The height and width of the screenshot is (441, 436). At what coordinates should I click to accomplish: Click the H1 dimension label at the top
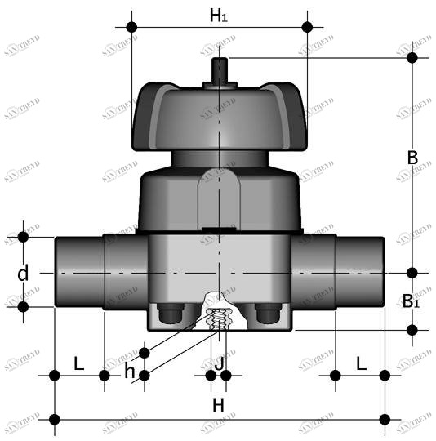pos(219,15)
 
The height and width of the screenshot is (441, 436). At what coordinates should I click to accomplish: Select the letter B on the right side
pos(412,158)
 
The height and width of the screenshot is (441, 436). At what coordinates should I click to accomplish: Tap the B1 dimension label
pos(412,301)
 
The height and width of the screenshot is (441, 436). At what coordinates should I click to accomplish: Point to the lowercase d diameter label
pos(23,274)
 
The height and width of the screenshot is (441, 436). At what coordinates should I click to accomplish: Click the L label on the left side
pos(79,364)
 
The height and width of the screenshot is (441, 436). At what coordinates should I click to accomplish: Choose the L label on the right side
pos(360,364)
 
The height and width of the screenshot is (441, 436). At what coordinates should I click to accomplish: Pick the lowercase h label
pos(130,371)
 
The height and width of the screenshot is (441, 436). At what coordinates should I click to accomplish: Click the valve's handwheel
pos(219,114)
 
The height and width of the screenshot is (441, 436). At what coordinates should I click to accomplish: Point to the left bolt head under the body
pos(170,314)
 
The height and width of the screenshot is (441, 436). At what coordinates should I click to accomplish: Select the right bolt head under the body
pos(267,314)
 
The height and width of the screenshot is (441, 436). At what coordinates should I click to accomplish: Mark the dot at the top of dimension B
pos(412,57)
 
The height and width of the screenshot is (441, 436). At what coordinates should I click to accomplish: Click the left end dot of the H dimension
pos(55,419)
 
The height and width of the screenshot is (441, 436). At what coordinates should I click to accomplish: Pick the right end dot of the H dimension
pos(385,419)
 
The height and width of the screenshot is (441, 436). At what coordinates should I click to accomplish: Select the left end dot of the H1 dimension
pos(131,27)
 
